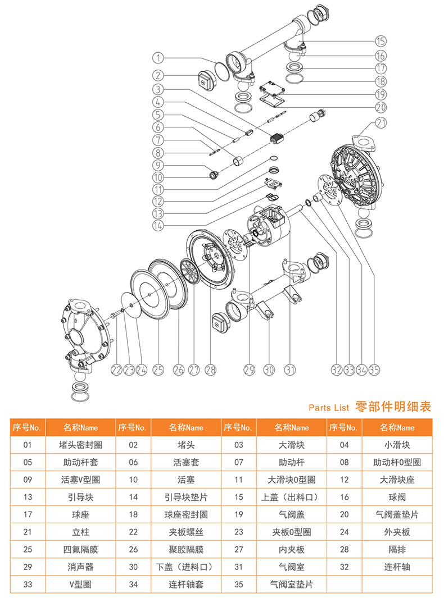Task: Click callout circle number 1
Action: pyautogui.click(x=158, y=57)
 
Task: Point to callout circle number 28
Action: pyautogui.click(x=210, y=369)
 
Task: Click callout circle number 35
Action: pyautogui.click(x=374, y=369)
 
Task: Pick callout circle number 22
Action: pyautogui.click(x=116, y=369)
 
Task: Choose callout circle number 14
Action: pyautogui.click(x=158, y=225)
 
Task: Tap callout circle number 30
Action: pyautogui.click(x=269, y=369)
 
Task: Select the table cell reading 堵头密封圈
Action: pyautogui.click(x=80, y=445)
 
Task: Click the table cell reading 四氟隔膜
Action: pyautogui.click(x=80, y=549)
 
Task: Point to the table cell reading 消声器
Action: pyautogui.click(x=80, y=567)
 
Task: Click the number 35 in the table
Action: pyautogui.click(x=239, y=585)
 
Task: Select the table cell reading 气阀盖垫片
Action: pyautogui.click(x=397, y=514)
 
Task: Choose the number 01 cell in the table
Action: pyautogui.click(x=27, y=445)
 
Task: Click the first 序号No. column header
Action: pyautogui.click(x=27, y=427)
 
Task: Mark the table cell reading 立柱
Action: pyautogui.click(x=80, y=532)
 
